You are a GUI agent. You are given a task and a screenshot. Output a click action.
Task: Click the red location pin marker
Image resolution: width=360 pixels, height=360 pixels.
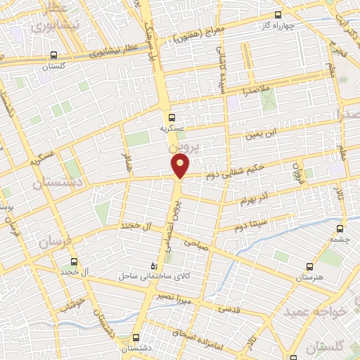coord(181,165)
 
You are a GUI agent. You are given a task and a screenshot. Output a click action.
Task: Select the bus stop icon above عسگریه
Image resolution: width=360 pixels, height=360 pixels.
coord(172,117)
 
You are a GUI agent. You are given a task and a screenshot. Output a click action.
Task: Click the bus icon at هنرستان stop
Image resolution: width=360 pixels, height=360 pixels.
coord(309,266)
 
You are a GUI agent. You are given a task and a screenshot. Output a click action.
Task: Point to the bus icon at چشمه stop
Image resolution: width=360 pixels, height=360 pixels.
coord(340,228)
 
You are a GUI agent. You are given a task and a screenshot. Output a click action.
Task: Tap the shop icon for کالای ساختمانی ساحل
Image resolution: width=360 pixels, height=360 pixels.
coord(155,266)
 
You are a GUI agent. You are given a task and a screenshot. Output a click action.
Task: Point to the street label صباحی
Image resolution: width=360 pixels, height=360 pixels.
coord(196,243)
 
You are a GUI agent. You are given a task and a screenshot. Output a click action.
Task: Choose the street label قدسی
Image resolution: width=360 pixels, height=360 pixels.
coord(231,307)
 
